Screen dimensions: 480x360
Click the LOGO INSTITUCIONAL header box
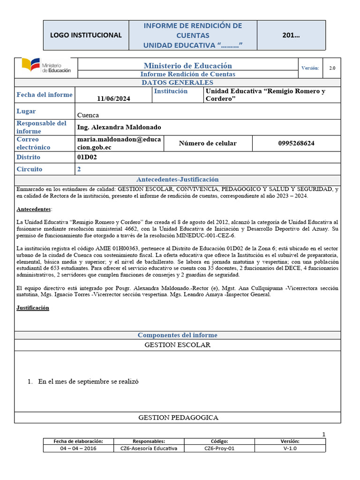tap(86, 35)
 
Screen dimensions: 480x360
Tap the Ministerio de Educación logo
tap(46, 66)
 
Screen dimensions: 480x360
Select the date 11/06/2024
tap(114, 98)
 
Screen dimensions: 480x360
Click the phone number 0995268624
tap(296, 143)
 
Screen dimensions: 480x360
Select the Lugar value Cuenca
tap(88, 114)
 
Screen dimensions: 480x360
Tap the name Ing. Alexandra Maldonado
tap(119, 127)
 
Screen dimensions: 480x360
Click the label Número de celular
tap(208, 143)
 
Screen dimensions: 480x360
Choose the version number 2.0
tap(332, 68)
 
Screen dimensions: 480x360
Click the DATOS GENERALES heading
tap(177, 82)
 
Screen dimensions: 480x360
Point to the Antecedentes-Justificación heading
tap(177, 180)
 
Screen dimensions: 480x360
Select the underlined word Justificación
tap(33, 308)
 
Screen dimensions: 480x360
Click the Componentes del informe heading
tap(177, 335)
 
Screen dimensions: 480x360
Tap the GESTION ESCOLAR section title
tap(177, 345)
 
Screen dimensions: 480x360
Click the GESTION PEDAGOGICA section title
tap(178, 417)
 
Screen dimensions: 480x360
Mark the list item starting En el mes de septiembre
tap(89, 382)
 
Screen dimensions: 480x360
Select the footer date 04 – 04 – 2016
tap(78, 448)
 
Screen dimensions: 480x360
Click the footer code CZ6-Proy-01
tap(219, 448)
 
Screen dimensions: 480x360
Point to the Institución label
tap(171, 91)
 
